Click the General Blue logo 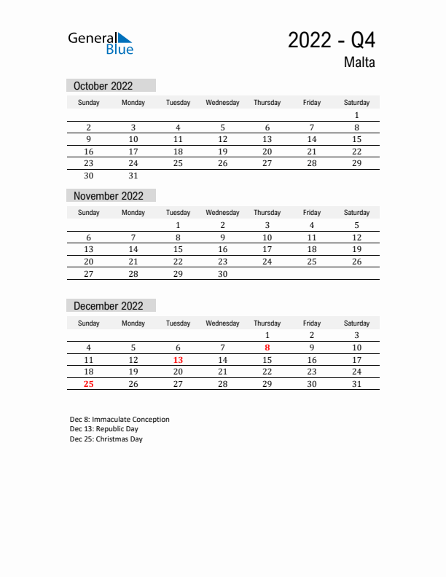(x=101, y=43)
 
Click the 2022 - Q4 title (x=331, y=40)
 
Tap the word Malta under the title (x=360, y=63)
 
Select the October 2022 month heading (x=103, y=86)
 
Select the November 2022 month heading (x=109, y=196)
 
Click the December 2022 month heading (x=109, y=306)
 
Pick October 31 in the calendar (x=133, y=176)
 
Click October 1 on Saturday (x=356, y=115)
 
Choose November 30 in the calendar (x=223, y=274)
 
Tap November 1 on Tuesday (x=178, y=225)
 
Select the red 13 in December (x=178, y=360)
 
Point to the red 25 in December (x=89, y=384)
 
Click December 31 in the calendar (x=356, y=384)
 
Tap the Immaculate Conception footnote (x=120, y=420)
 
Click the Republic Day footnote (x=104, y=429)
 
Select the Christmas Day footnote (x=106, y=439)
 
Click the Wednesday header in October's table (x=223, y=103)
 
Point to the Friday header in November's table (x=312, y=213)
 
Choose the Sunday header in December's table (x=89, y=323)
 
